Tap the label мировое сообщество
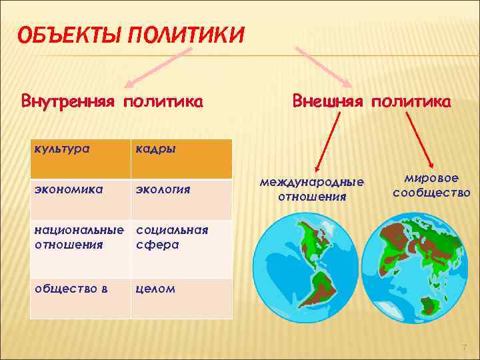point(431,186)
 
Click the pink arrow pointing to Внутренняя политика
point(150,67)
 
